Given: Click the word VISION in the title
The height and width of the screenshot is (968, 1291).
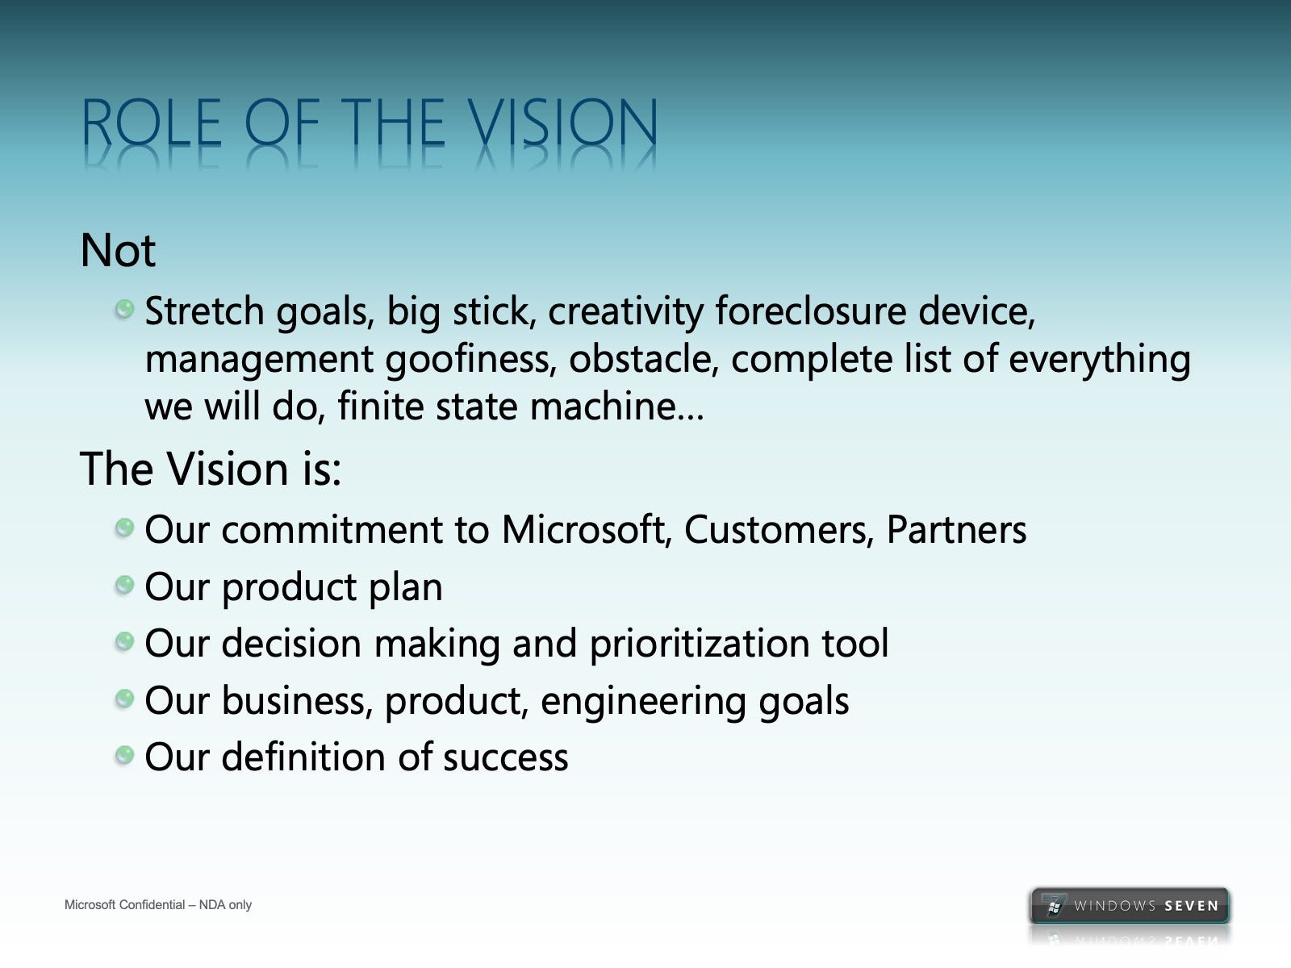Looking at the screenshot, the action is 563,123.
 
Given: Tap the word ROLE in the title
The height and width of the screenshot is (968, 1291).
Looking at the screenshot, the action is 151,123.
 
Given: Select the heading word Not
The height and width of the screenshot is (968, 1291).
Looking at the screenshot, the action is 119,250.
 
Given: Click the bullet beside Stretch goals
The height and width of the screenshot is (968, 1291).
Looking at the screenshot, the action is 124,309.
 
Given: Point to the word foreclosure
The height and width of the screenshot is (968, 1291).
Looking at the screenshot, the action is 810,311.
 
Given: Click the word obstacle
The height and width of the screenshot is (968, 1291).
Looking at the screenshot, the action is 644,358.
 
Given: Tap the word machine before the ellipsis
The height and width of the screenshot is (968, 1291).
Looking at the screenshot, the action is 603,406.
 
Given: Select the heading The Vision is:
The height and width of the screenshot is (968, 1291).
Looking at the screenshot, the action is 211,469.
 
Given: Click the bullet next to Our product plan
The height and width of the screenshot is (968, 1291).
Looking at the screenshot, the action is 124,585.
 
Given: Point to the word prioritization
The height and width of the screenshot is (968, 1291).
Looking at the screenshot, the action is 700,644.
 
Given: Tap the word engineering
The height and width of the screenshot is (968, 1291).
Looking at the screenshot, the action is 643,701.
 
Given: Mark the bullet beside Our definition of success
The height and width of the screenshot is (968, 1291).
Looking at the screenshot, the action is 124,755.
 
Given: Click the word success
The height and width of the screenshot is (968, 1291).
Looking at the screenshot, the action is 506,757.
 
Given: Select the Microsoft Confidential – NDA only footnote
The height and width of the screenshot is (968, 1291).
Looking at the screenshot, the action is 158,904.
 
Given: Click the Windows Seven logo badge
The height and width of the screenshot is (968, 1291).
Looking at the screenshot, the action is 1130,905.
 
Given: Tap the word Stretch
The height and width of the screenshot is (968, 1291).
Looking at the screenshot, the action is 205,311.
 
